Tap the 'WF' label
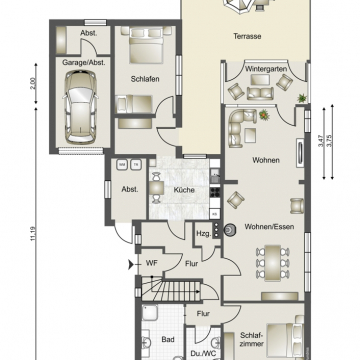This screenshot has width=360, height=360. point(151,264)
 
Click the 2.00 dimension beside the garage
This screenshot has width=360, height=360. point(31,86)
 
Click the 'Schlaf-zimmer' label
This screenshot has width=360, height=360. point(252,341)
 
